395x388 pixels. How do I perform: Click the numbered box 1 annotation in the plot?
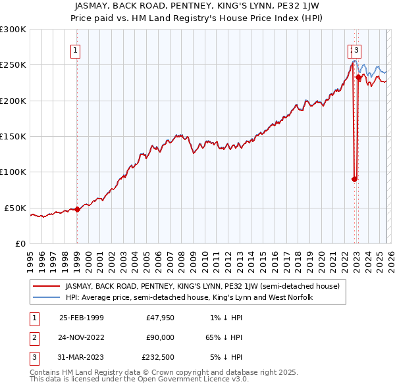point(76,49)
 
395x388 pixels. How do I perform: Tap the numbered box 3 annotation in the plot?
point(356,49)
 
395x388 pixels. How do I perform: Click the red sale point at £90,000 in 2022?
point(354,179)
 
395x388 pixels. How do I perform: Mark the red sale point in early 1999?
point(78,209)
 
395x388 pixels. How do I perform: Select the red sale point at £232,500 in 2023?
point(358,78)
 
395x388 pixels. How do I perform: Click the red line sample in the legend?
point(47,286)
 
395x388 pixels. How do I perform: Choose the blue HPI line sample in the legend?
point(47,297)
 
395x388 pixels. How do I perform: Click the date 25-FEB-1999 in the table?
point(82,318)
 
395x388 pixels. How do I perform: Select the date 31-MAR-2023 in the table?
point(82,357)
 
